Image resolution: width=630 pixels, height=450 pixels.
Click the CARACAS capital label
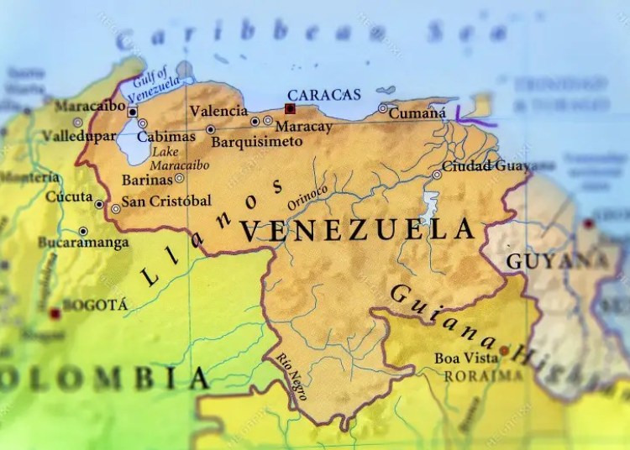click(x=323, y=94)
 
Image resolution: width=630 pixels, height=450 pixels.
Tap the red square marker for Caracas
click(x=290, y=108)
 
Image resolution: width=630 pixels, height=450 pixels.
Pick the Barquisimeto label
click(x=256, y=142)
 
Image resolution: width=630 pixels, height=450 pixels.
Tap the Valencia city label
click(x=218, y=111)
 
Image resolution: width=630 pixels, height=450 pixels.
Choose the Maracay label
click(x=300, y=126)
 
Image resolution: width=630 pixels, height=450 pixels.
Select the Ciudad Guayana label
click(x=487, y=166)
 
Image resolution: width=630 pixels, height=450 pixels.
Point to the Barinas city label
click(x=146, y=179)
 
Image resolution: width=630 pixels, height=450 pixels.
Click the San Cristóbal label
click(x=166, y=201)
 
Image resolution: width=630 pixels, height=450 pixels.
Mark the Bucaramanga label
click(x=83, y=243)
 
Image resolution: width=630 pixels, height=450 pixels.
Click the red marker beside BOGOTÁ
click(x=55, y=313)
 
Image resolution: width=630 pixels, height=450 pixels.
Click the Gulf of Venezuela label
click(x=157, y=83)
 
